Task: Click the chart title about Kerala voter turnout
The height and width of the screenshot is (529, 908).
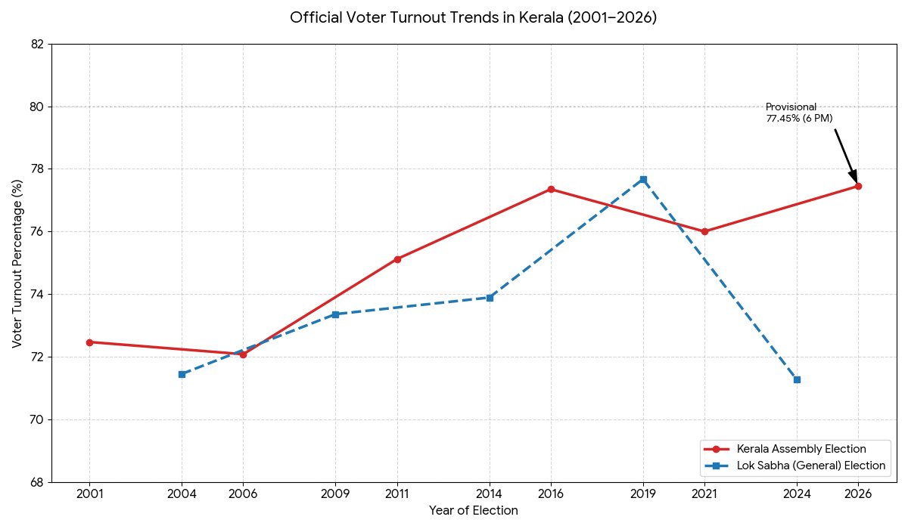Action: tap(474, 17)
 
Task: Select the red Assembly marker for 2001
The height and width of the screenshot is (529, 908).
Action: tap(89, 342)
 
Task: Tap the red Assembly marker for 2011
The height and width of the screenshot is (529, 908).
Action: tap(397, 259)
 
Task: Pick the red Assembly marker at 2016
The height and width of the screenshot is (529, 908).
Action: tap(551, 189)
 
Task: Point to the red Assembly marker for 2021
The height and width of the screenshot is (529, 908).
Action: tap(704, 231)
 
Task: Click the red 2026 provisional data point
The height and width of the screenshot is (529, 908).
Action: tap(858, 186)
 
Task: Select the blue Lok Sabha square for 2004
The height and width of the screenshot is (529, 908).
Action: tap(182, 374)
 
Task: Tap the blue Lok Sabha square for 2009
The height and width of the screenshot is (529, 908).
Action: tap(335, 314)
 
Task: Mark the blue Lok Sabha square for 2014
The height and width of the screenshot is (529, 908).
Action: tap(490, 298)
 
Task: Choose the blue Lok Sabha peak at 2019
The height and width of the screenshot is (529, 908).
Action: tap(643, 179)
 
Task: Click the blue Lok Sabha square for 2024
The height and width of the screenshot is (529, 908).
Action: tap(797, 379)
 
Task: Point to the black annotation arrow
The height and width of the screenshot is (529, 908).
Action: tap(846, 155)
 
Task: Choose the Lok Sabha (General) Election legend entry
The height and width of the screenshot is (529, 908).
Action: tap(810, 466)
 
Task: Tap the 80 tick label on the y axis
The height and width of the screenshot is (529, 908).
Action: tap(36, 107)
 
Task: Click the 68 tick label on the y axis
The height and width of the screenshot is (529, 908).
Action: tap(36, 482)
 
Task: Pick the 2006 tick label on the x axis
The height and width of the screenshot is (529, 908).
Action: tap(243, 493)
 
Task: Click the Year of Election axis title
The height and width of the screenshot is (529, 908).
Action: tap(474, 511)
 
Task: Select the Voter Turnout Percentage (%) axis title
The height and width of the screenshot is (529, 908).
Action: tap(17, 263)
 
